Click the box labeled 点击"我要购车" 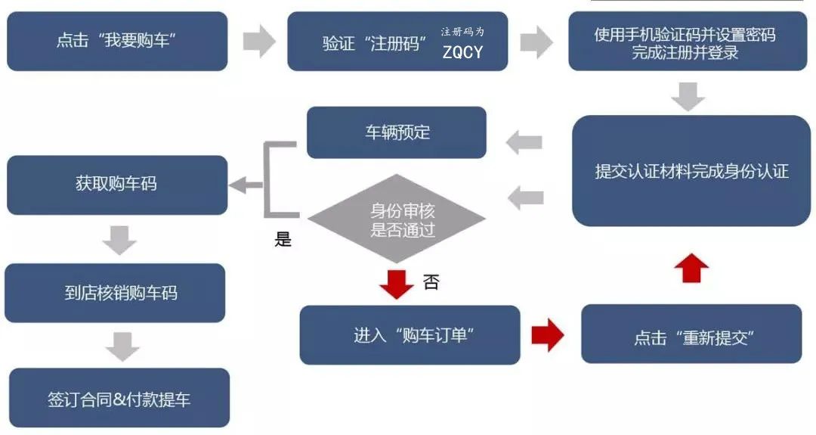click(x=117, y=41)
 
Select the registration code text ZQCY click(x=462, y=53)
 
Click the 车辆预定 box click(x=397, y=132)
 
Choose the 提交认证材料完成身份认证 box click(x=691, y=171)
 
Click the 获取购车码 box click(x=117, y=184)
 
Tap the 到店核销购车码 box click(x=115, y=292)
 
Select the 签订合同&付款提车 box click(x=119, y=399)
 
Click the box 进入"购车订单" click(x=410, y=335)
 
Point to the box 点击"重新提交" click(x=691, y=337)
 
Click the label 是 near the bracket click(x=283, y=241)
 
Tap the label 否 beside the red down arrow click(x=431, y=282)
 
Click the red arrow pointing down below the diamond click(x=396, y=282)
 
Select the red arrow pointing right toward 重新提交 click(x=548, y=335)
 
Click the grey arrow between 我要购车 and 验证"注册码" click(x=259, y=41)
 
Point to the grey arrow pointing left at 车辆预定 click(x=524, y=141)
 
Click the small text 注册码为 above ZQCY click(x=462, y=32)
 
